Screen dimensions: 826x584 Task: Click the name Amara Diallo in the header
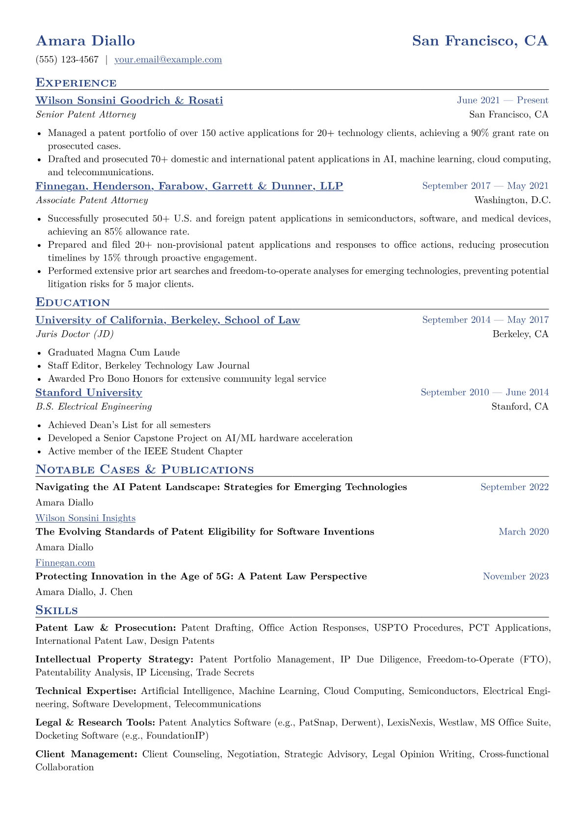point(85,41)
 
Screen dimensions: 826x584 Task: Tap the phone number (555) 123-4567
point(67,60)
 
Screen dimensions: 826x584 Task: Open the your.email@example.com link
point(168,60)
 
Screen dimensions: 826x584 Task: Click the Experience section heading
point(76,82)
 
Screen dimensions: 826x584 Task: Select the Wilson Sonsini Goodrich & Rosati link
point(129,101)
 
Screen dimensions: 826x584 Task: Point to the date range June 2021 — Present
point(503,101)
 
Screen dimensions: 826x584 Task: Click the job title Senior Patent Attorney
point(86,115)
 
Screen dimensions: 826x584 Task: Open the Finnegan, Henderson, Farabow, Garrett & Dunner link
point(189,186)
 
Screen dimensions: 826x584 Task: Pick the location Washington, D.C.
point(512,200)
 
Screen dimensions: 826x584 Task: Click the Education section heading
point(73,302)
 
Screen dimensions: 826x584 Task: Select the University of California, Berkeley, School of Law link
point(167,320)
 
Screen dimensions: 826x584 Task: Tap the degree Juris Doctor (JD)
point(75,334)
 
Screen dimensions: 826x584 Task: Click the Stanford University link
point(89,393)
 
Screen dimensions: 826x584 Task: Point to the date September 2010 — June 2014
point(484,393)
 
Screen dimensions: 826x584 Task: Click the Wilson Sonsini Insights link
point(85,518)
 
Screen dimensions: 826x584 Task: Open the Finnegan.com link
point(65,563)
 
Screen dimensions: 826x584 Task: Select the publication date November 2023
point(515,576)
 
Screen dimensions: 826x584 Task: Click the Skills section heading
point(56,610)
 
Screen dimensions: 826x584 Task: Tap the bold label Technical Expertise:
point(86,691)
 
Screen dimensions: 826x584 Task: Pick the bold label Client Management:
point(86,754)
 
